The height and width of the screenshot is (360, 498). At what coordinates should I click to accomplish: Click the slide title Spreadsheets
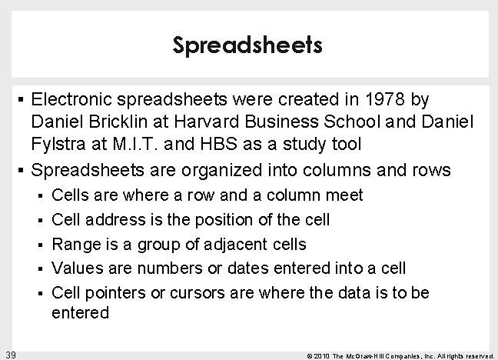tap(248, 46)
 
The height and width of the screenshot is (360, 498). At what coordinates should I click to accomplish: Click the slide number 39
tap(11, 353)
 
